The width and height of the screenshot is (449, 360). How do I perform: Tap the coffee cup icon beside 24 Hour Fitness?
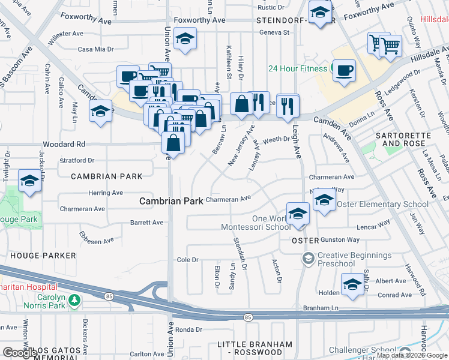(x=345, y=71)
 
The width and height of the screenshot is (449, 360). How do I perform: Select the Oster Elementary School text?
(x=383, y=204)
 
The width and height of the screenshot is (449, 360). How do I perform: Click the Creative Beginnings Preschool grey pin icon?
(x=308, y=259)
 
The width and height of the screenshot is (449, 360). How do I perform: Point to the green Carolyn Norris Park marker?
(x=74, y=299)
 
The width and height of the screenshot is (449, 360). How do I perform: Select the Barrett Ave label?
(x=146, y=223)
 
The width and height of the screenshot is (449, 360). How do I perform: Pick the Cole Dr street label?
(x=187, y=260)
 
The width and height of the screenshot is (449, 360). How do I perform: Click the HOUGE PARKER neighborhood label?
(x=43, y=256)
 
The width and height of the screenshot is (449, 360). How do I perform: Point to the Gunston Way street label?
(x=340, y=240)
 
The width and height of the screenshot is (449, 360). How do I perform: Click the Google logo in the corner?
(x=20, y=353)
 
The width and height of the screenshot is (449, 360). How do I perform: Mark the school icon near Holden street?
(x=352, y=285)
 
